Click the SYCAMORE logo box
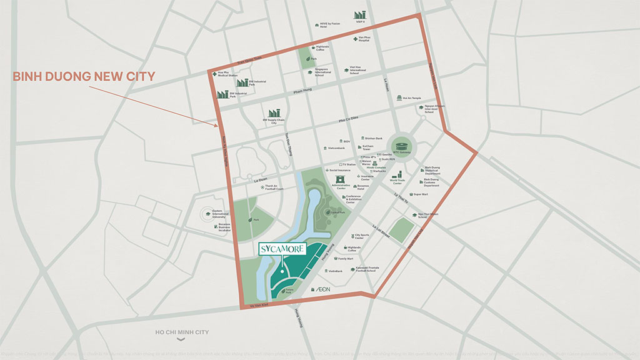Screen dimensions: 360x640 282,249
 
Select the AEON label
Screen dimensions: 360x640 322,291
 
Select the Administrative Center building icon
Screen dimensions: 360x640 341,179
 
